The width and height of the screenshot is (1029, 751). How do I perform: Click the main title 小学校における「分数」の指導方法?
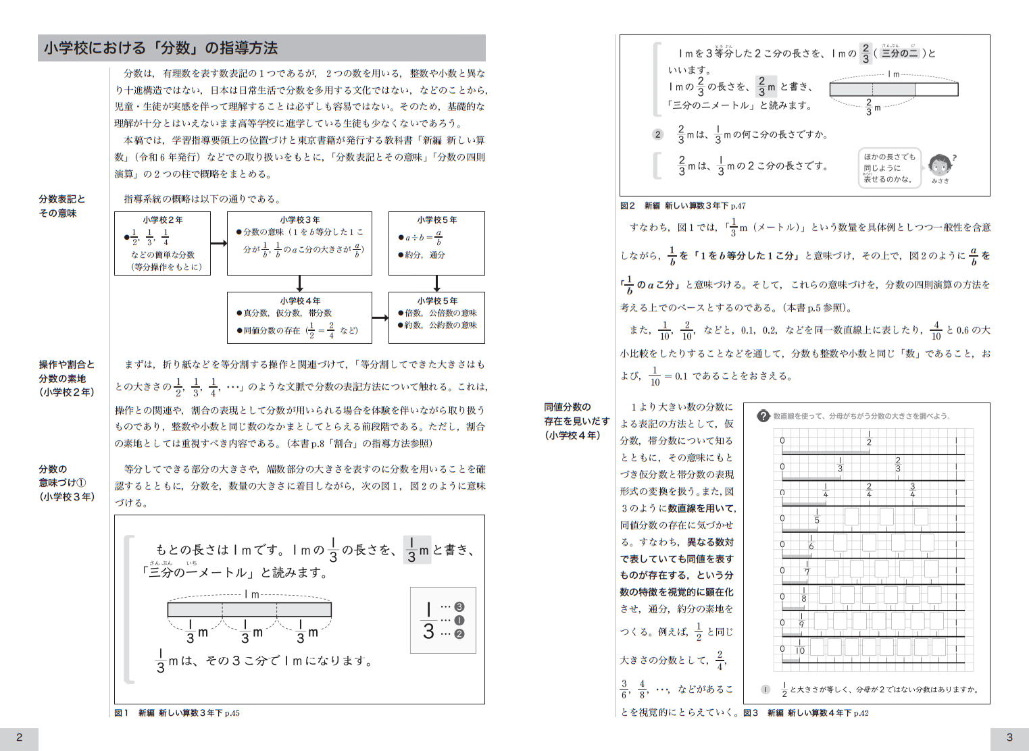pos(161,48)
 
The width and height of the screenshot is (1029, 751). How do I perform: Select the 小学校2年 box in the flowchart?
pos(162,243)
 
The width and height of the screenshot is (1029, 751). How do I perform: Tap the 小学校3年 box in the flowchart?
pos(299,243)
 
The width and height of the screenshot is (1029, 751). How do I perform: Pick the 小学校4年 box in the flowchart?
pos(299,317)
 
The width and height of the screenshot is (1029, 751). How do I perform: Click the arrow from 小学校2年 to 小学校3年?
pos(218,243)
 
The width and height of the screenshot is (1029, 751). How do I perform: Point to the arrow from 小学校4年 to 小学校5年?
pos(380,317)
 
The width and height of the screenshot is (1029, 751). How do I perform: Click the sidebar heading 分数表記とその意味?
pos(61,206)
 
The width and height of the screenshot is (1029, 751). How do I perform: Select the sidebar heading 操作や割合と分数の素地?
pos(66,378)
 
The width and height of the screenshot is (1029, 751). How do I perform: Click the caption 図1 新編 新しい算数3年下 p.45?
pos(177,713)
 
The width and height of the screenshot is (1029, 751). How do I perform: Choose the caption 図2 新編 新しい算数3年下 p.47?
pos(682,205)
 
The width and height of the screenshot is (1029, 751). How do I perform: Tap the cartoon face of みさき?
pos(939,164)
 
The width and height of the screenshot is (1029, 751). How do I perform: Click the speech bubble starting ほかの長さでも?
pos(889,167)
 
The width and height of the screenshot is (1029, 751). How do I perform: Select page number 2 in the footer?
pos(19,737)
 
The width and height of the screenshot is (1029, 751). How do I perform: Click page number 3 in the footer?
pos(1009,737)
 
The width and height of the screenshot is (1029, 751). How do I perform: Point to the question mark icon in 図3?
pos(763,416)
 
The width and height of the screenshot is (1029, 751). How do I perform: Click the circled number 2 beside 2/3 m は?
pos(658,134)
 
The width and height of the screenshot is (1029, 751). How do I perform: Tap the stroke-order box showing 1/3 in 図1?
pos(443,620)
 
